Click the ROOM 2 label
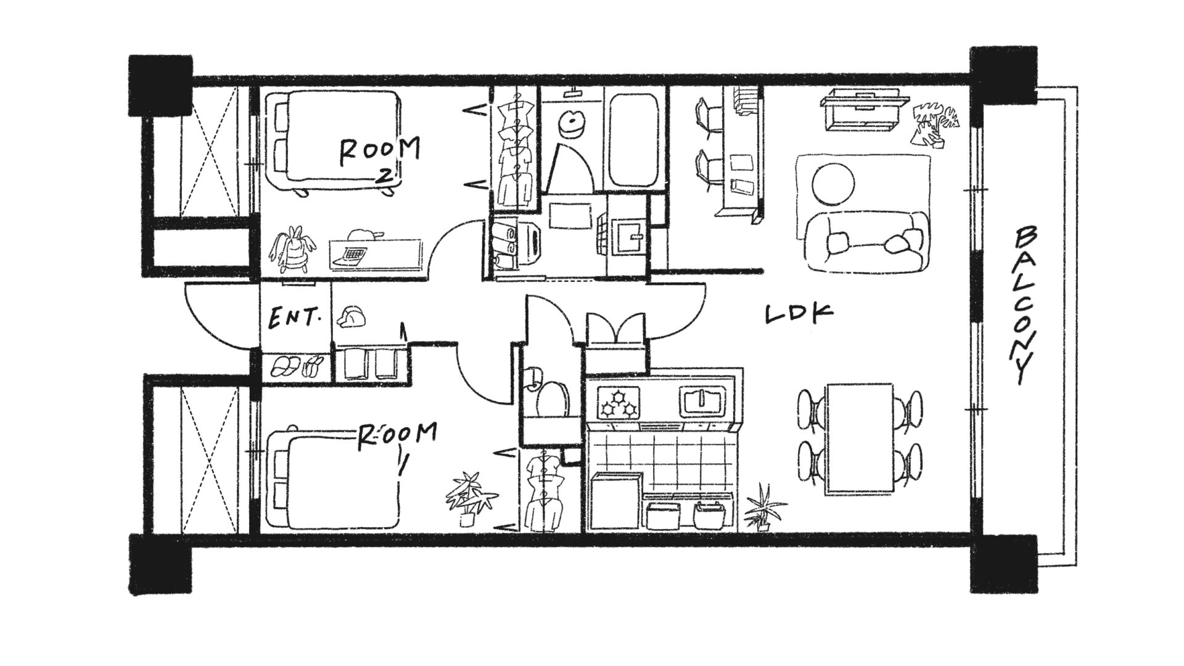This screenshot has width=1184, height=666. click(x=380, y=159)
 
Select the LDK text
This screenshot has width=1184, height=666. click(x=799, y=313)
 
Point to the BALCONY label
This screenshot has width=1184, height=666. click(x=1023, y=305)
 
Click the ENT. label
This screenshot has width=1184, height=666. click(x=296, y=318)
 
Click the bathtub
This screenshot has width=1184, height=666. click(x=635, y=141)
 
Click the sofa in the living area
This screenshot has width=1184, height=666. click(x=865, y=244)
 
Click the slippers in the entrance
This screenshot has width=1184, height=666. click(x=297, y=366)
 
